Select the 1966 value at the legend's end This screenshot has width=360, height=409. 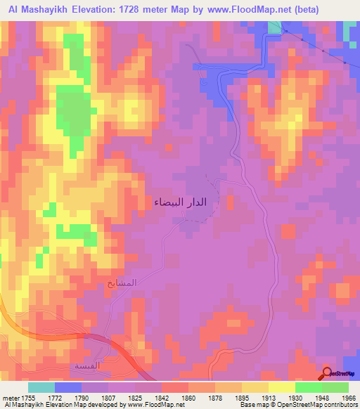click(x=349, y=398)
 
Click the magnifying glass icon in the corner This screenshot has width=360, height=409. click(x=326, y=372)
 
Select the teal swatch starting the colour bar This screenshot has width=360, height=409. click(x=41, y=387)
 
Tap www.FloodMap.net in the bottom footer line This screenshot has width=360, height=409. click(x=152, y=405)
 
